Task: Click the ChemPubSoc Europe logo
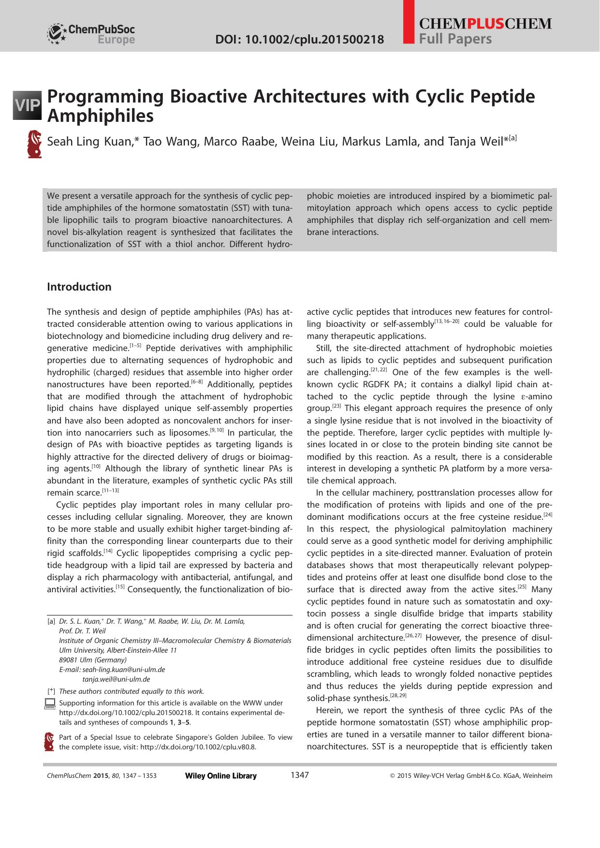[x=91, y=34]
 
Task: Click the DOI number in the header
[x=299, y=39]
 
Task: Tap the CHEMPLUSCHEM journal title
[x=485, y=24]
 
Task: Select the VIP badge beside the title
[x=28, y=104]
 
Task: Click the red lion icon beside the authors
[x=35, y=144]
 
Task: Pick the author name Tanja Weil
[x=477, y=142]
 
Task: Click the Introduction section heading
[x=79, y=287]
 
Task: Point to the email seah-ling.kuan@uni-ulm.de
[x=124, y=670]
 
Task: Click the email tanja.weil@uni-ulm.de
[x=117, y=679]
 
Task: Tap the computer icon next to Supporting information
[x=50, y=704]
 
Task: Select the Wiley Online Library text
[x=221, y=776]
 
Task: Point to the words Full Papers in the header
[x=455, y=39]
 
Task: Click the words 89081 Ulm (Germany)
[x=93, y=660]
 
